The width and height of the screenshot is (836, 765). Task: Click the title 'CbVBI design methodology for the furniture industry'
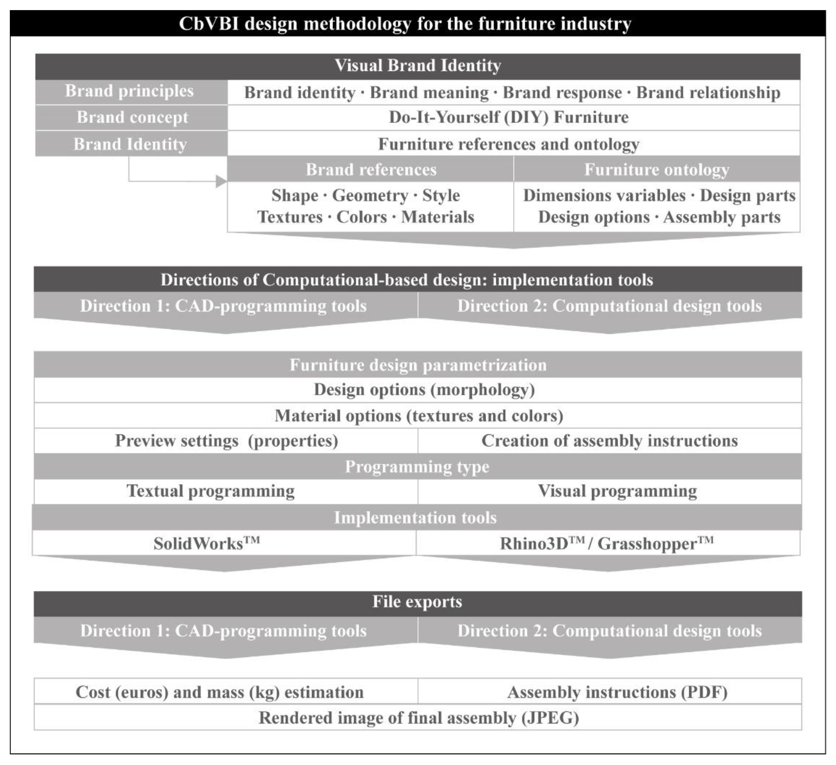click(x=405, y=24)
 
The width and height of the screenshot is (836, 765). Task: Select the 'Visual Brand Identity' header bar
click(x=417, y=66)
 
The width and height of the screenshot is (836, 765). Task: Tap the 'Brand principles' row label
click(x=129, y=91)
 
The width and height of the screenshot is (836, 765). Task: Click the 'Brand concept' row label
click(x=132, y=118)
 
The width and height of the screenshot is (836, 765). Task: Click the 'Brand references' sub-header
click(x=371, y=170)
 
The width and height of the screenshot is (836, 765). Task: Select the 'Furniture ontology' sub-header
click(x=656, y=170)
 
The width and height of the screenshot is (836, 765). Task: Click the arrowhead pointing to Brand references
click(x=221, y=181)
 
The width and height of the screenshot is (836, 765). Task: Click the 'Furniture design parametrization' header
click(x=417, y=365)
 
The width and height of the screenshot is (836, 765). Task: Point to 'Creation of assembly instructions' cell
click(x=609, y=441)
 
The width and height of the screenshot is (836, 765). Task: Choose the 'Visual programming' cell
click(x=617, y=491)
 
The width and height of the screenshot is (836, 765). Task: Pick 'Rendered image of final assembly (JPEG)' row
click(x=419, y=718)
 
